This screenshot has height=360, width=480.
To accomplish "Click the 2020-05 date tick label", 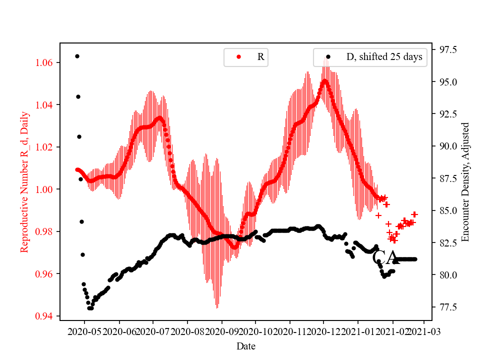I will pos(84,331).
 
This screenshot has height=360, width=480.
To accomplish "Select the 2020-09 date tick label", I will pos(221,331).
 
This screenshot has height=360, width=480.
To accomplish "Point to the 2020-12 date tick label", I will pos(323,331).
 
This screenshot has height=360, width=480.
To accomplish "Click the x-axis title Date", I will pos(246,345).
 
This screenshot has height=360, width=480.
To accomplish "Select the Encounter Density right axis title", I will pos(466,182).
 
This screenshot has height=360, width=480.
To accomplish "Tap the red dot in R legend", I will pos(238,57).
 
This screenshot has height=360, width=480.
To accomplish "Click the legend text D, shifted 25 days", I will pos(384,57).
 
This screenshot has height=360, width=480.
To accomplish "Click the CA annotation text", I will pos(385,257).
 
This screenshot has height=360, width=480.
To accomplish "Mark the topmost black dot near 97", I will pos(77,56).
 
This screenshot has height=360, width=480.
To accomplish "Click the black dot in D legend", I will pos(328,57).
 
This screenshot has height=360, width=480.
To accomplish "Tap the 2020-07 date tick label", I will pos(153,331).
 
